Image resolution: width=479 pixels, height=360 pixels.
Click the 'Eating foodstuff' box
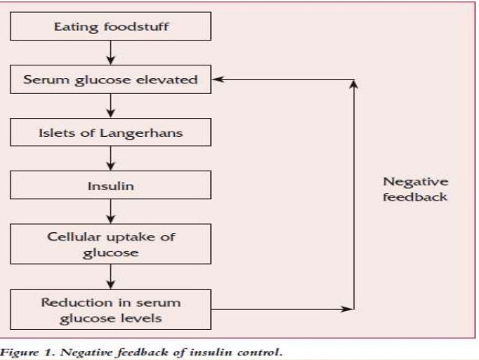click(110, 26)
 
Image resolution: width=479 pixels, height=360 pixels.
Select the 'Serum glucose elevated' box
click(110, 80)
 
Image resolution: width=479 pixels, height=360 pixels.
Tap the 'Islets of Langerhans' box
click(110, 133)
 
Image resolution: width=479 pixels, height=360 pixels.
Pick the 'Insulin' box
click(110, 186)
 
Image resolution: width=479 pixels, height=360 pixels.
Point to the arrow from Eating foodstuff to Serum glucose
click(110, 53)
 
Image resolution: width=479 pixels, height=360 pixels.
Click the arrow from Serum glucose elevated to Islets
click(110, 106)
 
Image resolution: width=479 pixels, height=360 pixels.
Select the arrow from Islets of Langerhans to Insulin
click(110, 159)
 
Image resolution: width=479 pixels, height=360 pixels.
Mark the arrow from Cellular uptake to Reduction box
click(110, 277)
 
